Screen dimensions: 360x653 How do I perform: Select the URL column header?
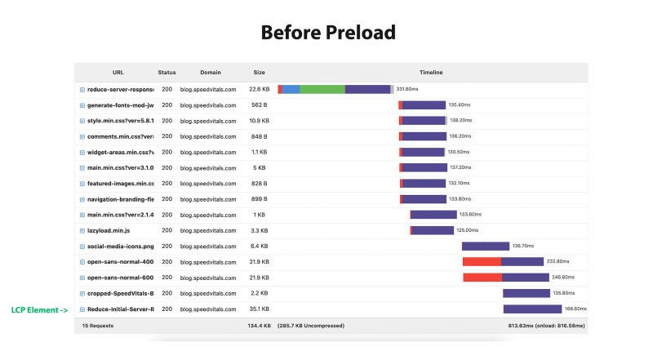[118, 73]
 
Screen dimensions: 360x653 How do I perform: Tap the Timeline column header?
[431, 73]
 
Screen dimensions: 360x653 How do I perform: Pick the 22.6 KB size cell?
[259, 90]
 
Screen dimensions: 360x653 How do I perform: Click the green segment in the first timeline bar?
[322, 90]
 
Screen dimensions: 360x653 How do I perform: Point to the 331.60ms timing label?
[406, 90]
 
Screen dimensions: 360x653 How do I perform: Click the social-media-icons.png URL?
[120, 246]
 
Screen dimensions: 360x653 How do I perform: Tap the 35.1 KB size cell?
[259, 309]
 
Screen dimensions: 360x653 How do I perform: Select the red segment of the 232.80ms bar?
[482, 262]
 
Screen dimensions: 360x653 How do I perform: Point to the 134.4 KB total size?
[259, 325]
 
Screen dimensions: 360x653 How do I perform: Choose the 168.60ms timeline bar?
[532, 309]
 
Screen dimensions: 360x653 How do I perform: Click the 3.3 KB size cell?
[259, 230]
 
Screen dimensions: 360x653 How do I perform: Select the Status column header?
[167, 73]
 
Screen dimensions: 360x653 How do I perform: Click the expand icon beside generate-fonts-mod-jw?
[82, 105]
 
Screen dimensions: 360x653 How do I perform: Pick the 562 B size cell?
[259, 105]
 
